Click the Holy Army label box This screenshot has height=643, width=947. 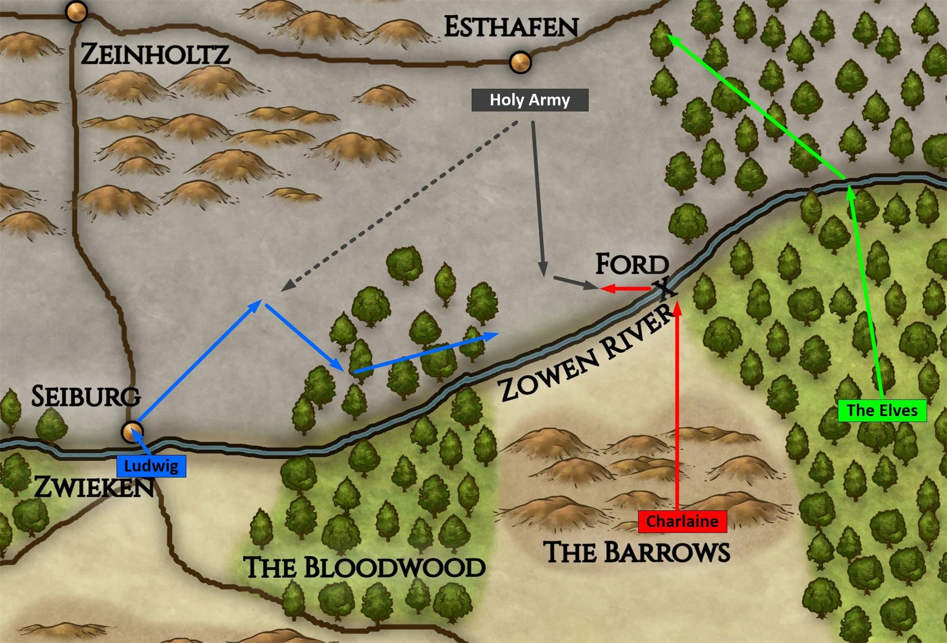(529, 100)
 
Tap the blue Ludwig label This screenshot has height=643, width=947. (151, 466)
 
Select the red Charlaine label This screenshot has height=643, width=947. (682, 521)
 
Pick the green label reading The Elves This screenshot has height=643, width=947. (882, 410)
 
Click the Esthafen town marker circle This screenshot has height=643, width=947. (520, 62)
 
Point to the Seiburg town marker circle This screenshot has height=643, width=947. (132, 432)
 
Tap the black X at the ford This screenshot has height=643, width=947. (664, 288)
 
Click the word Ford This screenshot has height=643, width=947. (632, 264)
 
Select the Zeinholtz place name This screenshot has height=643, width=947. (155, 55)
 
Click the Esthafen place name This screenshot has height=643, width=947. (511, 27)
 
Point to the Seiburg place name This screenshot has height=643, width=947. (86, 397)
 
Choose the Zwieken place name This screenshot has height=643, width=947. (94, 487)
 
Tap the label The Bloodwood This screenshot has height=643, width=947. (364, 568)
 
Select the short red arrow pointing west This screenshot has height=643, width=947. (624, 289)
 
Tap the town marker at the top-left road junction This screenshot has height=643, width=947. (76, 12)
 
